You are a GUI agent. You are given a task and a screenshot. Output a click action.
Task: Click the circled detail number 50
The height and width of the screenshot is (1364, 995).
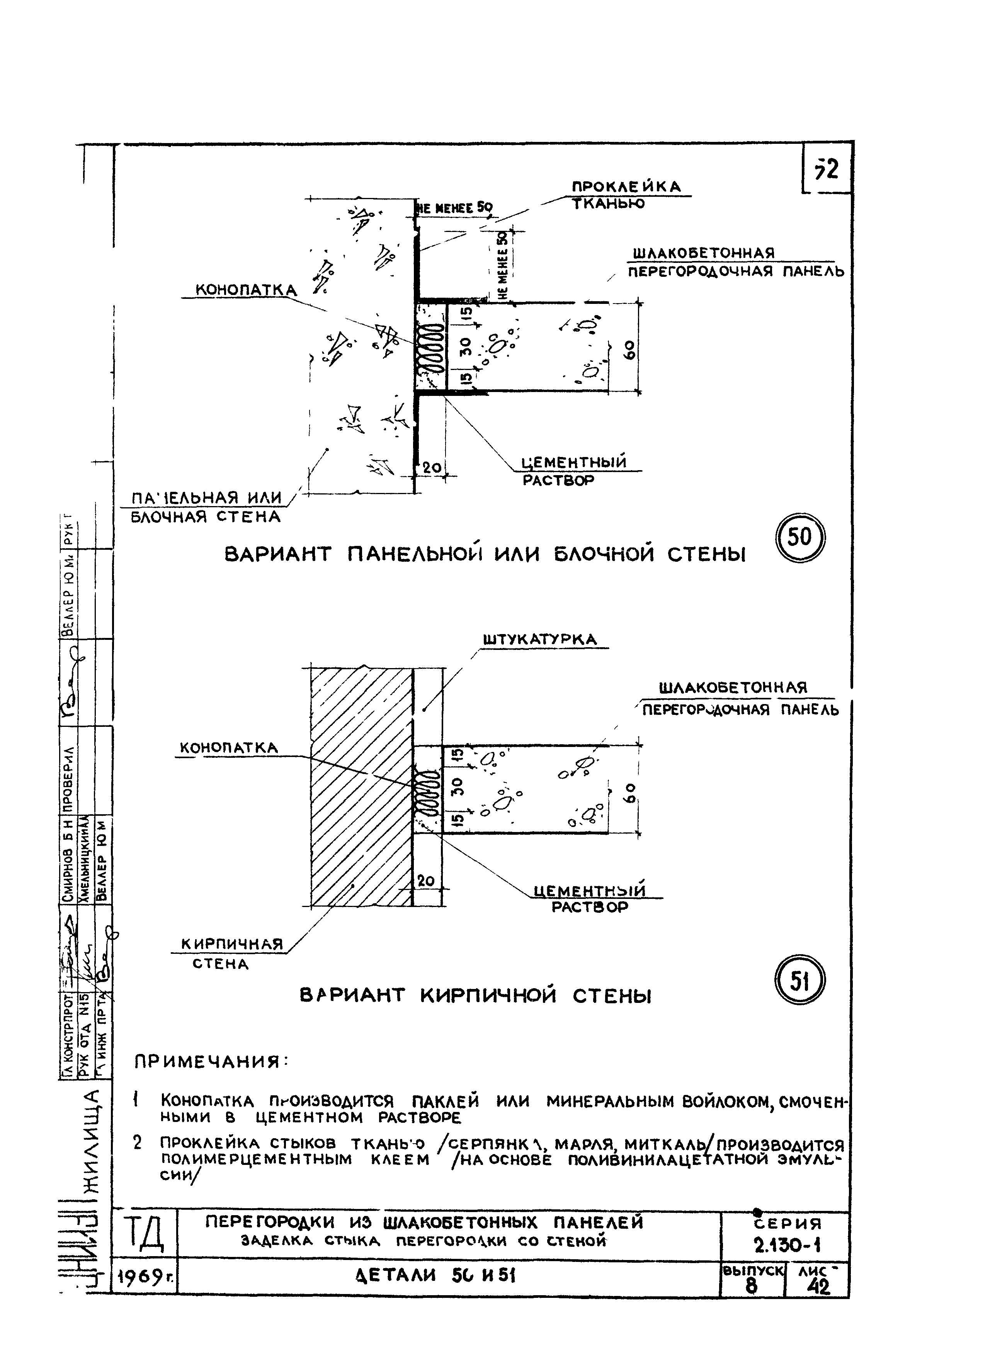coord(799,536)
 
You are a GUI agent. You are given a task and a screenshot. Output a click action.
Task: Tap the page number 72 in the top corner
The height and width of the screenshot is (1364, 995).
coord(827,170)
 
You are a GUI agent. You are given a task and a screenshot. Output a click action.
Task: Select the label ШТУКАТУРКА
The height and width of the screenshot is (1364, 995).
coord(540,640)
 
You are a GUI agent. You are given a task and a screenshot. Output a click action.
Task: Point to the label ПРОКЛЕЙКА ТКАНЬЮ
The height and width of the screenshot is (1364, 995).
coord(626,194)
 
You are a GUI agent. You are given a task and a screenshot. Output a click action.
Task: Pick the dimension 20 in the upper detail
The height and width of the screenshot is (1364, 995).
coord(432,467)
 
